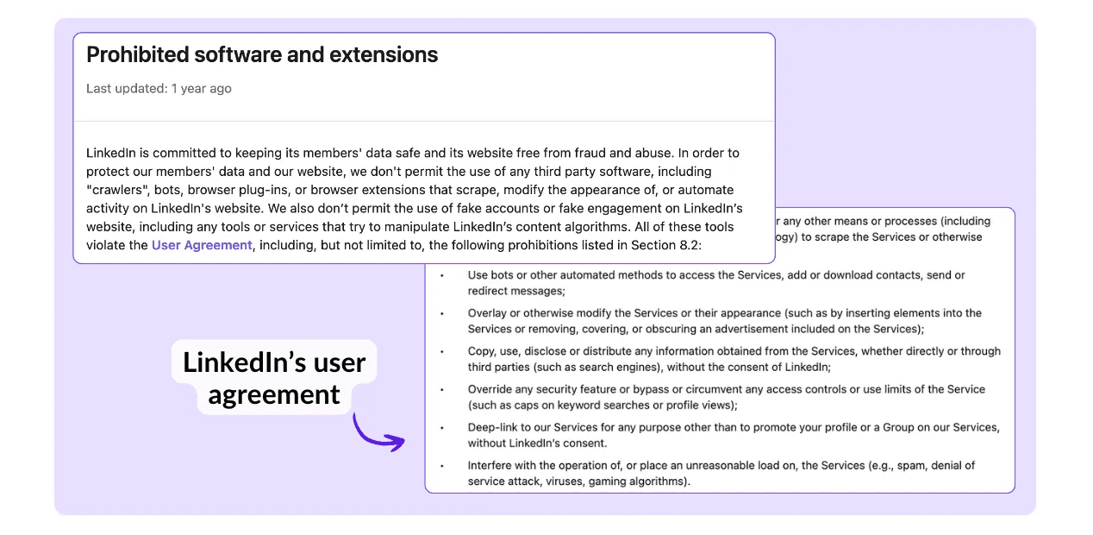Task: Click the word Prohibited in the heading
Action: pos(137,54)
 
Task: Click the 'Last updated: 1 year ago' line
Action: pos(159,88)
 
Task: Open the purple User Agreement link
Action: pos(202,245)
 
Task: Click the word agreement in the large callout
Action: pos(274,394)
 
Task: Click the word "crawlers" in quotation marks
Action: pos(117,190)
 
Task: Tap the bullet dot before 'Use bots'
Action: pos(442,276)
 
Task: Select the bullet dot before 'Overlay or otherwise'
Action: pos(442,314)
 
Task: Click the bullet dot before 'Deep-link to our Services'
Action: pos(442,429)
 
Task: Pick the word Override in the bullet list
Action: pos(488,389)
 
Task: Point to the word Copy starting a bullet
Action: pos(479,352)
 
